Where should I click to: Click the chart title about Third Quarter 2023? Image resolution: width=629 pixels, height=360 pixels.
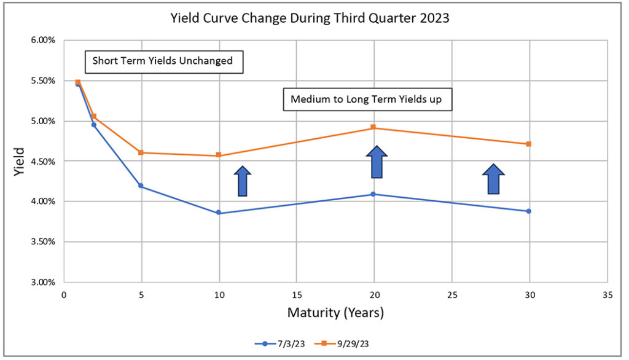coord(310,18)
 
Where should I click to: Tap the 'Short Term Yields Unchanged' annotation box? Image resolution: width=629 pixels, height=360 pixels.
coord(163,61)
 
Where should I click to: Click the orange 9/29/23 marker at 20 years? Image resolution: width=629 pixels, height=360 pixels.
coord(373,128)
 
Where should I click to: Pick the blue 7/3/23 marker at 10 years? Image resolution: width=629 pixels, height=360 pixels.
coord(219,213)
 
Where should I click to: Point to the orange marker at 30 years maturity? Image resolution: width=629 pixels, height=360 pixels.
coord(528,144)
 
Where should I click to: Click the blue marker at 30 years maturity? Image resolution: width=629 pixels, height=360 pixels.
coord(528,211)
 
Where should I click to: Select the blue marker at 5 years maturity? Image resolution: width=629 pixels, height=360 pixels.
coord(141,186)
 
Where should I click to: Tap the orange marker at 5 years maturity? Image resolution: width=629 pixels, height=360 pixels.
coord(141,152)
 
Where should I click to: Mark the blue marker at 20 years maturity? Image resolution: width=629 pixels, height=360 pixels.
coord(373,194)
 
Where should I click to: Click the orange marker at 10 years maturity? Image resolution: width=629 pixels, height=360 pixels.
coord(219,155)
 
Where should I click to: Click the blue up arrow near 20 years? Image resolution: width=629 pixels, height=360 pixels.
coord(377,162)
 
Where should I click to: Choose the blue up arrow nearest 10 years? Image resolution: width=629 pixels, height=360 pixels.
coord(243,181)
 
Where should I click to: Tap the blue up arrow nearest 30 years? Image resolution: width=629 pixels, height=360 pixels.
coord(493,179)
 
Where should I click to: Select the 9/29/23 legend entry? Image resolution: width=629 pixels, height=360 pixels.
coord(335,344)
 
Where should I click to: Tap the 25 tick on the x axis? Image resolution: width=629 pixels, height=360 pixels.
coord(451,295)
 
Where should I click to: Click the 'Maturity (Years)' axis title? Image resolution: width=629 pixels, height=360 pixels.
coord(335,313)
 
